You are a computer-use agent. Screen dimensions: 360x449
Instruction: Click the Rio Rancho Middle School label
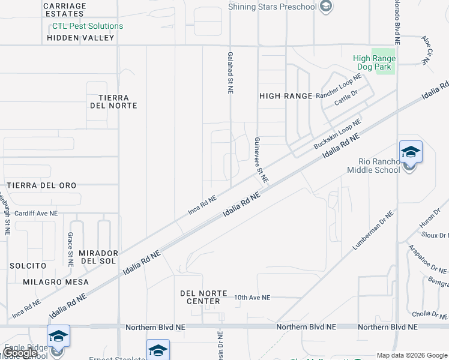click(379, 166)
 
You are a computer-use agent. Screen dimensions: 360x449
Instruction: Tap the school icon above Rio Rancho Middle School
click(411, 152)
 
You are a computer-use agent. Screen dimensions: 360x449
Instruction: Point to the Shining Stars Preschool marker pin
click(326, 7)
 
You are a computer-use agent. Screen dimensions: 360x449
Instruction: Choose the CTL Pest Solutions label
click(88, 26)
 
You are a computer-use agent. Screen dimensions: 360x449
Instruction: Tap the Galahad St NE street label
click(230, 72)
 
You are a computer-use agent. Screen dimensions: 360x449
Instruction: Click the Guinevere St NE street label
click(260, 160)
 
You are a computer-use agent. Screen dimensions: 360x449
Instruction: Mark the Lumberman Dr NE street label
click(373, 230)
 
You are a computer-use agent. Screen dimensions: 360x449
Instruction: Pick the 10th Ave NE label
click(252, 298)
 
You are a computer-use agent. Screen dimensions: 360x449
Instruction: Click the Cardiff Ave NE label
click(36, 213)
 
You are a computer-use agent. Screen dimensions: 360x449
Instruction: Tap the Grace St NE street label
click(71, 249)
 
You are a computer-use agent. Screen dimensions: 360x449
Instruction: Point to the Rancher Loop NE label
click(339, 86)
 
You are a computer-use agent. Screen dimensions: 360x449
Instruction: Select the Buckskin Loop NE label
click(337, 134)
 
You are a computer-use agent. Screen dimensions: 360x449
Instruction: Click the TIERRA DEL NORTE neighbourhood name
click(113, 101)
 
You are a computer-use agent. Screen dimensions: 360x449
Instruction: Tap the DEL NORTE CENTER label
click(204, 297)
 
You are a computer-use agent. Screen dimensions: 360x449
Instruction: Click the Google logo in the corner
click(20, 353)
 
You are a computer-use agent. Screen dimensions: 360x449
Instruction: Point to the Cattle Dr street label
click(346, 97)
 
